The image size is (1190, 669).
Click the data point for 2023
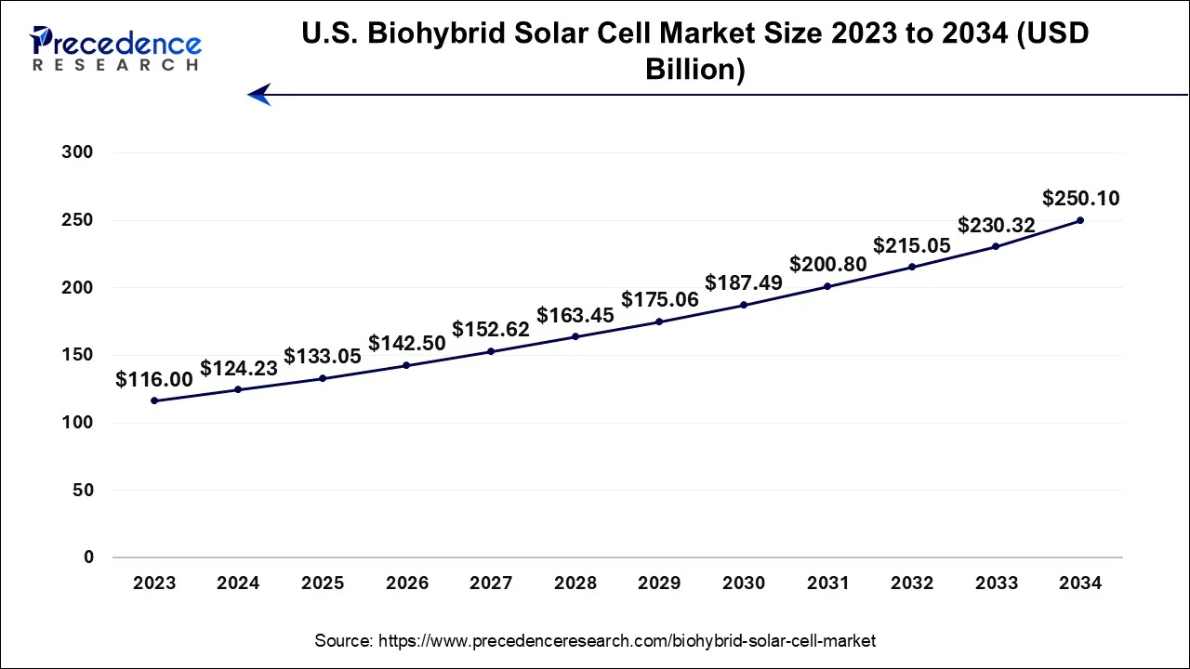[154, 400]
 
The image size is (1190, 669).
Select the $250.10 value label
[1080, 198]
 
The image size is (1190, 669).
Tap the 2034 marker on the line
[1080, 220]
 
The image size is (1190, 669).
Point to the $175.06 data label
[659, 299]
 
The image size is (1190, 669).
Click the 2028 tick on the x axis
[575, 584]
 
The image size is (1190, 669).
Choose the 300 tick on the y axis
[77, 152]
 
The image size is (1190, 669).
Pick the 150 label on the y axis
[77, 355]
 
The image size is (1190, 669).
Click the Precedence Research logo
[115, 48]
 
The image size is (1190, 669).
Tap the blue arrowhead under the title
[259, 94]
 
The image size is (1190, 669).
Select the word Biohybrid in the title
[422, 34]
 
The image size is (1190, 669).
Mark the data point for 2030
[744, 305]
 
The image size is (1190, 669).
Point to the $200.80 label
[827, 264]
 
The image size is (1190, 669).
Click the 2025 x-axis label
[323, 584]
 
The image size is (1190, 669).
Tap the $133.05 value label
[322, 357]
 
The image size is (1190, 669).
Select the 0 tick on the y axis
[88, 557]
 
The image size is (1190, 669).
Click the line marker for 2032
[912, 267]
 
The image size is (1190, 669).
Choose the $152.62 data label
[491, 329]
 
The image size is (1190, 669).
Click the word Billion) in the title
[694, 71]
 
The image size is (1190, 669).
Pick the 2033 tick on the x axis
[996, 584]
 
